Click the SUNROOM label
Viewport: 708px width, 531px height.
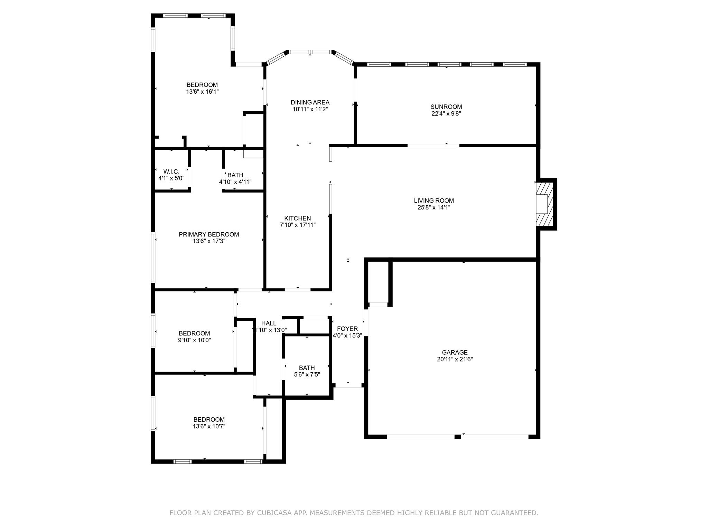(x=446, y=107)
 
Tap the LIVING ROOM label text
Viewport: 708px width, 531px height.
(x=434, y=201)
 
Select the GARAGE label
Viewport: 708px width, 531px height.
(x=455, y=352)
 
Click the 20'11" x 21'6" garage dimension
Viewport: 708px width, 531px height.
(x=455, y=359)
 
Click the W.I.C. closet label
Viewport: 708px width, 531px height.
(x=171, y=171)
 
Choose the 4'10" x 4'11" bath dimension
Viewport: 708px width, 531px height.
(x=235, y=182)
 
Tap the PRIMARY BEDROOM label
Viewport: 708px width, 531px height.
(x=209, y=234)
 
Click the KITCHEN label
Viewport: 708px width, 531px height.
(x=297, y=218)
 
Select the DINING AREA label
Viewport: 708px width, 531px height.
(x=310, y=102)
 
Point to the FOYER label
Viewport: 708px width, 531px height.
(x=347, y=329)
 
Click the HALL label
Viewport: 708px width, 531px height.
(x=269, y=323)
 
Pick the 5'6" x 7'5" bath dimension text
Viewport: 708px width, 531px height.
(x=307, y=374)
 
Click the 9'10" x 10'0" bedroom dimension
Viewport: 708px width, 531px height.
(x=194, y=340)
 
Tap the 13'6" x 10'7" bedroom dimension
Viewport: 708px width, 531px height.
(x=209, y=426)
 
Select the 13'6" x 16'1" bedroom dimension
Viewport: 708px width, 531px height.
(x=202, y=92)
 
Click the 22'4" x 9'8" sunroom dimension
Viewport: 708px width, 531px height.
(x=446, y=113)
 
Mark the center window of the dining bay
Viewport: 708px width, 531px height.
(x=310, y=52)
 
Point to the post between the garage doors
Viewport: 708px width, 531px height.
(x=457, y=437)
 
